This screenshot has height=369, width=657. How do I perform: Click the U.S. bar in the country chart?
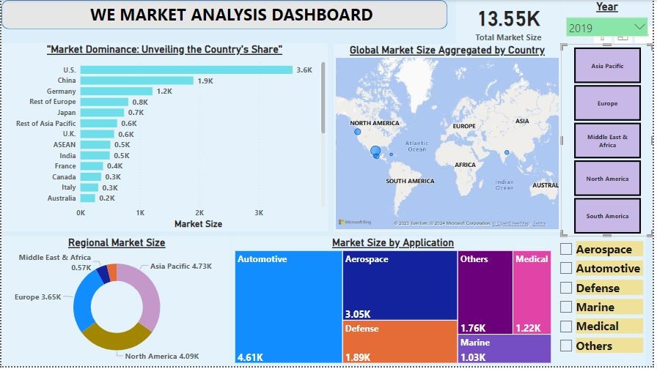coord(186,70)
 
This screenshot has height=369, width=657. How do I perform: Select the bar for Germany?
coord(116,92)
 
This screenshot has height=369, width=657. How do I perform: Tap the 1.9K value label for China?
coord(205,81)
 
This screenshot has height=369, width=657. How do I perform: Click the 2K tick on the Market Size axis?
coord(199,212)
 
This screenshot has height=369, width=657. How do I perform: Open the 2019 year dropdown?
coord(606,28)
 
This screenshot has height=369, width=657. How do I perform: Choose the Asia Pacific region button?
coord(607,66)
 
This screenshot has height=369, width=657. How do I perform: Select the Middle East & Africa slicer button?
coord(607,141)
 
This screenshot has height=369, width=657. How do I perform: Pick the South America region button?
coord(607,216)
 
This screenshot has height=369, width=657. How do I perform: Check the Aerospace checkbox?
coord(566,250)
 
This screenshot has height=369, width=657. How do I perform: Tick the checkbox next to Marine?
coord(566,307)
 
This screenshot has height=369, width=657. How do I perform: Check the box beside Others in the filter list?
coord(566,346)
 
